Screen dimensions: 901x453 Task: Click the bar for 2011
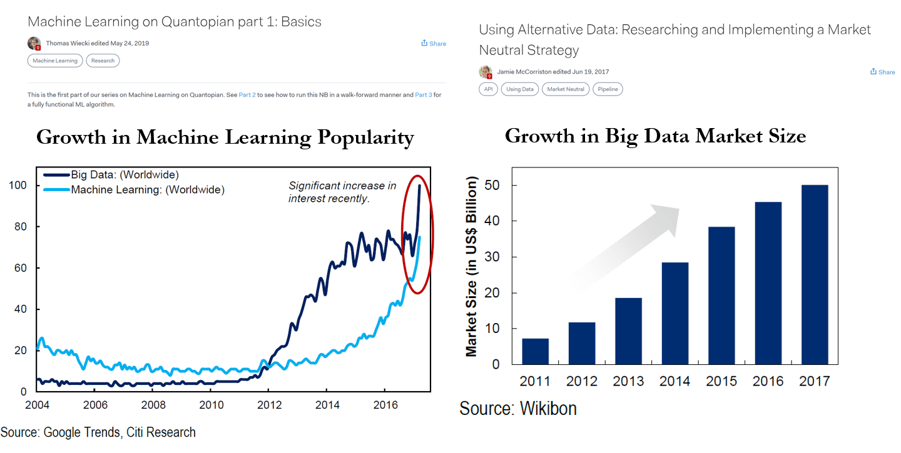(x=536, y=351)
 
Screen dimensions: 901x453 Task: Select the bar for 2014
(x=675, y=313)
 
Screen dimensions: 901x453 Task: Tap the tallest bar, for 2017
(x=815, y=275)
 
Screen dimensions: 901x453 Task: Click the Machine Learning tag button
(x=55, y=61)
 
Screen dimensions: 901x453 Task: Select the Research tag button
(x=103, y=61)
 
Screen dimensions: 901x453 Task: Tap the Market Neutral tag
(x=566, y=89)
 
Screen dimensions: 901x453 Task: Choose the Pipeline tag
(x=608, y=89)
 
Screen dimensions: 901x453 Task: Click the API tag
(x=488, y=89)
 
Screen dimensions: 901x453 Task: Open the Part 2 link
(x=247, y=95)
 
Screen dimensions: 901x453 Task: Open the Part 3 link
(x=424, y=95)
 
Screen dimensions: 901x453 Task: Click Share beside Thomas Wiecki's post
(x=434, y=43)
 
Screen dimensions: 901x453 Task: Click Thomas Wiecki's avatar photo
(x=34, y=43)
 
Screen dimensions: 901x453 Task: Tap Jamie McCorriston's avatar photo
(x=486, y=72)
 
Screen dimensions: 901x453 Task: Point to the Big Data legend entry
(x=111, y=175)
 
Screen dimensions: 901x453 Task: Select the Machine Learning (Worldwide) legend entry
(x=134, y=189)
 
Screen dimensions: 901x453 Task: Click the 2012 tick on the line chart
(x=269, y=405)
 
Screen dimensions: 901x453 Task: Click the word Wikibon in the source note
(x=548, y=409)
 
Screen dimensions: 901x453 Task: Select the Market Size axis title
(x=471, y=266)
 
